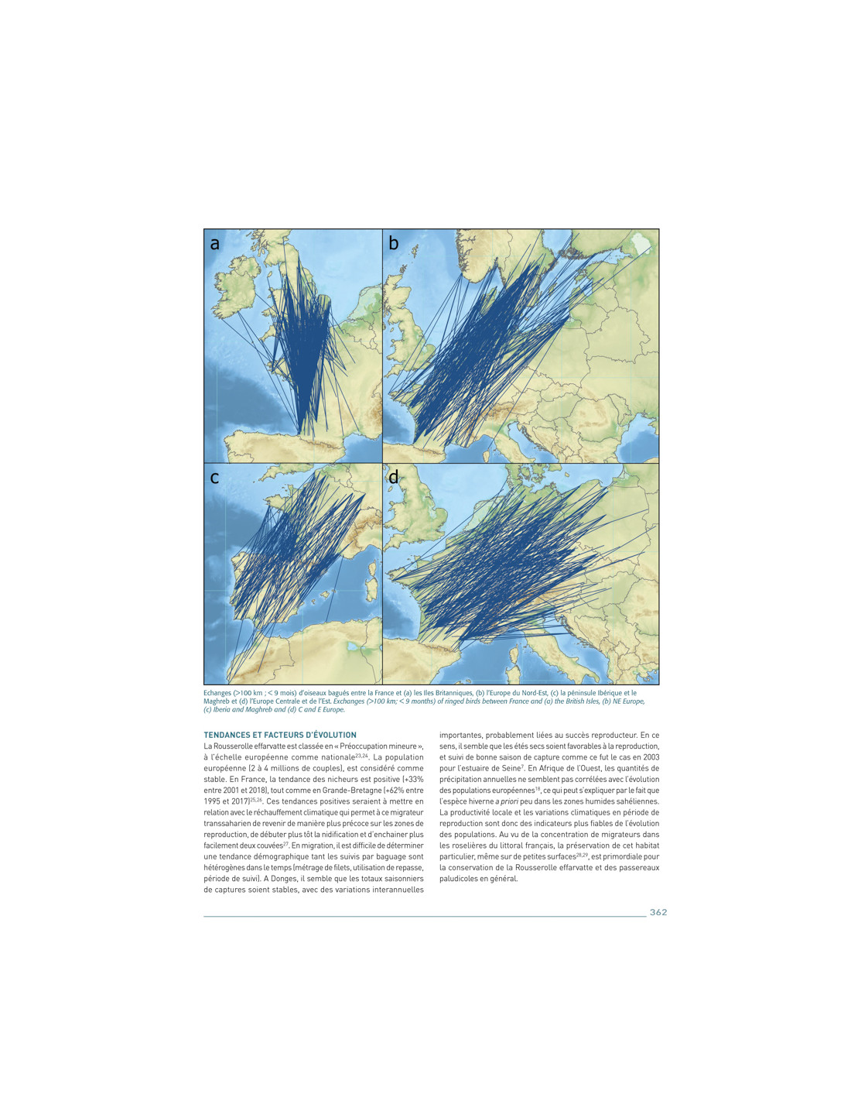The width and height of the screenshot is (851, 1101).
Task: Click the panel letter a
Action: pos(215,244)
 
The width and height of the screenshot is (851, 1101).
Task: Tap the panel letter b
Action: pos(394,244)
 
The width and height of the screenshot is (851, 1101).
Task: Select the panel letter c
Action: pos(214,478)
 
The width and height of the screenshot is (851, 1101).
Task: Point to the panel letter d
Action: pos(394,478)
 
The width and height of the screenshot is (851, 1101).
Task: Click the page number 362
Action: pos(658,912)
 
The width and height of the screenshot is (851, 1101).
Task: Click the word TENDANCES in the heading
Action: pos(226,735)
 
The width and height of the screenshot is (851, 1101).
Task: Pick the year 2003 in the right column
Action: pos(650,757)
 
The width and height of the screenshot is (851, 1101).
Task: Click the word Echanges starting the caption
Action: pos(217,693)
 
